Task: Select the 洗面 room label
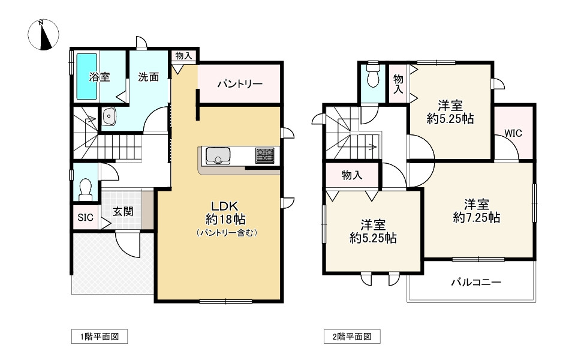tap(148, 77)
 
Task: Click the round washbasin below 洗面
tap(109, 115)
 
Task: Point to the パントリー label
tap(239, 83)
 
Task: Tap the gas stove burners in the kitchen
tap(264, 155)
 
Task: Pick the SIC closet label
tap(85, 218)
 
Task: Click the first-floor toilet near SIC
tap(85, 188)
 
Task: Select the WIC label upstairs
tap(513, 133)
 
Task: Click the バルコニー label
tap(476, 281)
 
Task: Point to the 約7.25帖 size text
tap(477, 218)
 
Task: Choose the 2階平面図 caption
tap(353, 337)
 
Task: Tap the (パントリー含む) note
tap(226, 233)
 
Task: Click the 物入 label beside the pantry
tap(183, 56)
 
